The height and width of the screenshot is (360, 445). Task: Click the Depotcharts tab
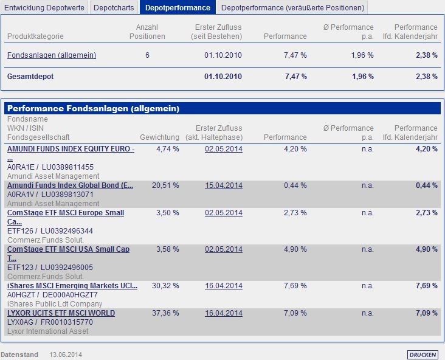[114, 7]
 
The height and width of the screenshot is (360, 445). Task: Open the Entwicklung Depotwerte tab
[44, 7]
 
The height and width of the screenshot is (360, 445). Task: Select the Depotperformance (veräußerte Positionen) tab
[293, 7]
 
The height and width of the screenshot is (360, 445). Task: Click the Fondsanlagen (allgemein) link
[52, 55]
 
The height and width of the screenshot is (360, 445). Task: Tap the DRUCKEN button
[422, 355]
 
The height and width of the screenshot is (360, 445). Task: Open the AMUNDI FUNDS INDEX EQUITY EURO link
[71, 149]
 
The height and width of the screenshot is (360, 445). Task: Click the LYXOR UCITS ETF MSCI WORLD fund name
[61, 313]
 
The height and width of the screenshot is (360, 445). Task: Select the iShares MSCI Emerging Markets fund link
[72, 286]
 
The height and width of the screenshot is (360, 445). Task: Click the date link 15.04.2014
[224, 185]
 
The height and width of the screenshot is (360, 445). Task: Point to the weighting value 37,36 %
[168, 313]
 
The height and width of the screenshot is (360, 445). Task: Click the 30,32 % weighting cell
[168, 286]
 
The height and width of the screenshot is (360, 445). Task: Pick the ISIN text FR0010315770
[67, 322]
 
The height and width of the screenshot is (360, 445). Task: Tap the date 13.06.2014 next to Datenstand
[66, 355]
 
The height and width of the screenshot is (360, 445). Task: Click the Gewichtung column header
[159, 137]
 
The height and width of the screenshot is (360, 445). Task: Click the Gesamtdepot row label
[29, 77]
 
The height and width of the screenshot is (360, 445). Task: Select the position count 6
[147, 55]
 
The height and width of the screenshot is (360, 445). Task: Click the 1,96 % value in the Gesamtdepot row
[362, 77]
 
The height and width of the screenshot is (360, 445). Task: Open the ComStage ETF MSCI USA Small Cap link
[68, 249]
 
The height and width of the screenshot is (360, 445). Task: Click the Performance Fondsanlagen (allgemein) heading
[93, 108]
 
